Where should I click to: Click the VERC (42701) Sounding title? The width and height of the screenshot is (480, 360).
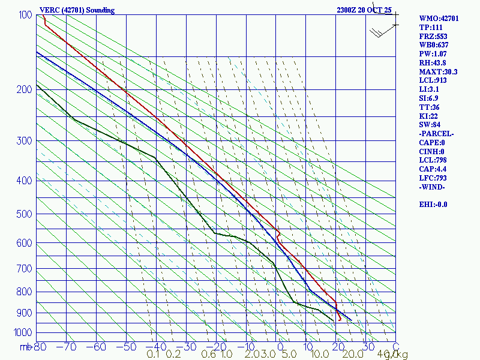pyautogui.click(x=77, y=10)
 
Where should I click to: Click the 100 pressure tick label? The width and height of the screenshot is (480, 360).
pyautogui.click(x=25, y=15)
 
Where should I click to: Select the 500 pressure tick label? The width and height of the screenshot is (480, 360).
pyautogui.click(x=25, y=214)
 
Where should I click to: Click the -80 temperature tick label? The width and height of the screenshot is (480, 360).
pyautogui.click(x=41, y=347)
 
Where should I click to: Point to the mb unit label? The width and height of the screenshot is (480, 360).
pyautogui.click(x=25, y=347)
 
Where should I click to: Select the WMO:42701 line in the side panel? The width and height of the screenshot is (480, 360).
pyautogui.click(x=439, y=19)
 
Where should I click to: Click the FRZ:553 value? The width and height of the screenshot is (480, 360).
pyautogui.click(x=433, y=37)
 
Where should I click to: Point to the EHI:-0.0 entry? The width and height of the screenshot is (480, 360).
pyautogui.click(x=433, y=204)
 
